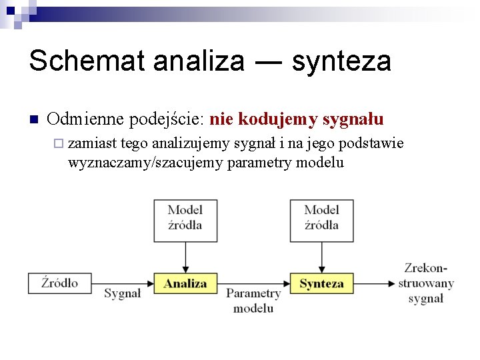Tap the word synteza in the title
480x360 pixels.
point(341,61)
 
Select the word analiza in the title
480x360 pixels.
point(199,61)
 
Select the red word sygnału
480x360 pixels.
point(353,119)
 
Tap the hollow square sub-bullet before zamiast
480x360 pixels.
point(59,143)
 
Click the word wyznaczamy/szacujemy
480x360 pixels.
point(146,162)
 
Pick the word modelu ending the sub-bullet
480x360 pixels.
point(320,162)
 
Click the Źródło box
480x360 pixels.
point(59,283)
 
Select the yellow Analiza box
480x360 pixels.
point(185,283)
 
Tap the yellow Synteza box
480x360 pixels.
point(321,283)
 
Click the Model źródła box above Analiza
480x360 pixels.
point(185,220)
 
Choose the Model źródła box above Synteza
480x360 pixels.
point(321,220)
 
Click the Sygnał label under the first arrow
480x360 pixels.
point(123,294)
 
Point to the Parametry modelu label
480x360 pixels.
point(253,301)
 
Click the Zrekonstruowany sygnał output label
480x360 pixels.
point(426,283)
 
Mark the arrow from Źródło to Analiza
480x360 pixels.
point(123,283)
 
